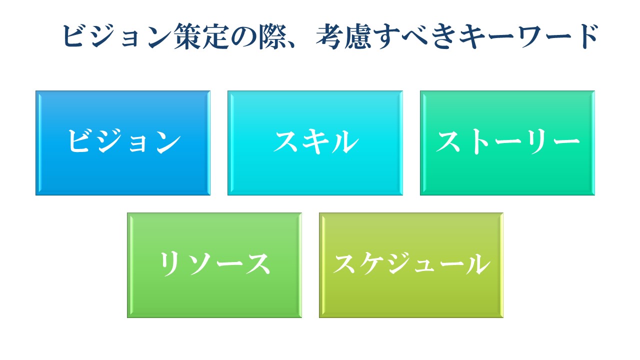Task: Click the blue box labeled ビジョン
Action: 123,143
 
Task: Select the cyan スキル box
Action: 315,143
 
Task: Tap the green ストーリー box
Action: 507,143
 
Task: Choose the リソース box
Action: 214,265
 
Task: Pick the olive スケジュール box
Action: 411,265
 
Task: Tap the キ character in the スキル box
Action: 316,142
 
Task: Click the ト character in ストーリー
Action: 478,142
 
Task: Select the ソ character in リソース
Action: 201,264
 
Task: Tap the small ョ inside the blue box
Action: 139,144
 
